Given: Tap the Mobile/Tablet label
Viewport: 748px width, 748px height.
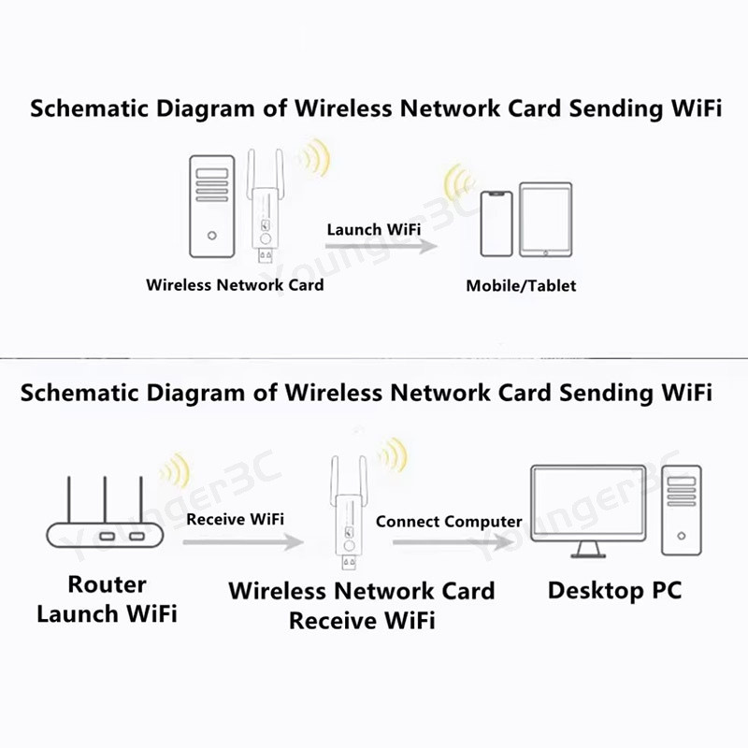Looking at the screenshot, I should (521, 285).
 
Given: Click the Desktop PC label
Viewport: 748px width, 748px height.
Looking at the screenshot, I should (614, 590).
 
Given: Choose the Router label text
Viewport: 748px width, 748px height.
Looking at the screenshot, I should (107, 585).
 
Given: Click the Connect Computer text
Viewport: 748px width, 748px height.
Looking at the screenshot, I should (449, 521).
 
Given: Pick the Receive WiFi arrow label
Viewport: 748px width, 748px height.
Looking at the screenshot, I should (235, 518).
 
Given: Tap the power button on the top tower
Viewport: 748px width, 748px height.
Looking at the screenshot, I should (213, 236).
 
